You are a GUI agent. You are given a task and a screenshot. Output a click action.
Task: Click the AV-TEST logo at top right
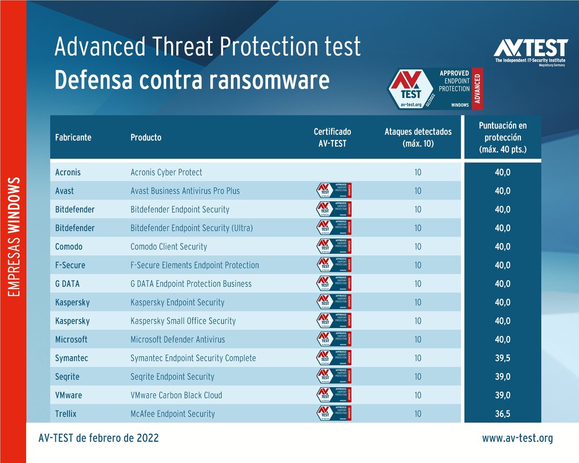[x=530, y=52]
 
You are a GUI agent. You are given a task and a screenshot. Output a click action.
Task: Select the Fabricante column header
[x=73, y=137]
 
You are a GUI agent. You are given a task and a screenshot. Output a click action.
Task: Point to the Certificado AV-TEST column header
[x=332, y=137]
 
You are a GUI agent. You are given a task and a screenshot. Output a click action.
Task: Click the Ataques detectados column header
[x=418, y=137]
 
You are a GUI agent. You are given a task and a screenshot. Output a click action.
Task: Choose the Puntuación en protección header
[x=503, y=137]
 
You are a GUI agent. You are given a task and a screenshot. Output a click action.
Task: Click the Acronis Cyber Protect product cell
[x=166, y=172]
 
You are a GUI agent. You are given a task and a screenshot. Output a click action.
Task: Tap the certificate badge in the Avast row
[x=334, y=191]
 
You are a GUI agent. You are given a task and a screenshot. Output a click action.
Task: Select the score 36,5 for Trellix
[x=503, y=414]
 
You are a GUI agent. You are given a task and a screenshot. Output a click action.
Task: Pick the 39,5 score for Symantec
[x=503, y=358]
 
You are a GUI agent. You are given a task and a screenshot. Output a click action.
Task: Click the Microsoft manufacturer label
[x=71, y=339]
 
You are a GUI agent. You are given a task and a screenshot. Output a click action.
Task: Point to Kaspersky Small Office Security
[x=183, y=321]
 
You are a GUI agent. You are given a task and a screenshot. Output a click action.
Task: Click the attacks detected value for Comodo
[x=418, y=247]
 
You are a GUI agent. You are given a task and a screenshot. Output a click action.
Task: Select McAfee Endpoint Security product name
[x=172, y=414]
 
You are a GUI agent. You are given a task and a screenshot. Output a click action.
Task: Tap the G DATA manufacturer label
[x=68, y=284]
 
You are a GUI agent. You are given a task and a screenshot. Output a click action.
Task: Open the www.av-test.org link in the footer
[x=517, y=438]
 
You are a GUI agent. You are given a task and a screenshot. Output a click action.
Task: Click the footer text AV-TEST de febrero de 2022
[x=98, y=438]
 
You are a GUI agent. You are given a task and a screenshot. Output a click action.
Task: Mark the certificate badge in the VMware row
[x=334, y=395]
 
